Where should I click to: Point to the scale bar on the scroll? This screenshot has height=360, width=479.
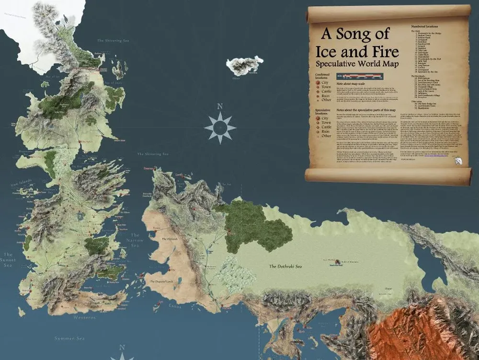point(359,76)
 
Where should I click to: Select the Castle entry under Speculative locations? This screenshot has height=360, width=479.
point(326,127)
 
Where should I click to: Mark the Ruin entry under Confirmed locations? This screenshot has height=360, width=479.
point(325,95)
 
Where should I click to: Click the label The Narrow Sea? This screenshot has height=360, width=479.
point(135,240)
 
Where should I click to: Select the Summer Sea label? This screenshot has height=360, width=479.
point(70,338)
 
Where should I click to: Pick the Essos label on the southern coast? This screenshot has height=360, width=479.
point(174,305)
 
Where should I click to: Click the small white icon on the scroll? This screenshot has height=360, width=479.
point(457,161)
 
